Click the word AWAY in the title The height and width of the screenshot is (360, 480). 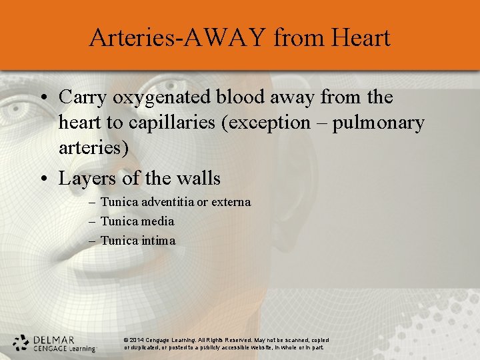(x=216, y=37)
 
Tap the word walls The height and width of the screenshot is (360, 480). (x=197, y=179)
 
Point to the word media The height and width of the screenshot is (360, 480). (x=157, y=221)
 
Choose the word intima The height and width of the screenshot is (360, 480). (x=158, y=240)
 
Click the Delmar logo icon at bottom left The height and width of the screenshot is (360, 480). (x=21, y=342)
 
